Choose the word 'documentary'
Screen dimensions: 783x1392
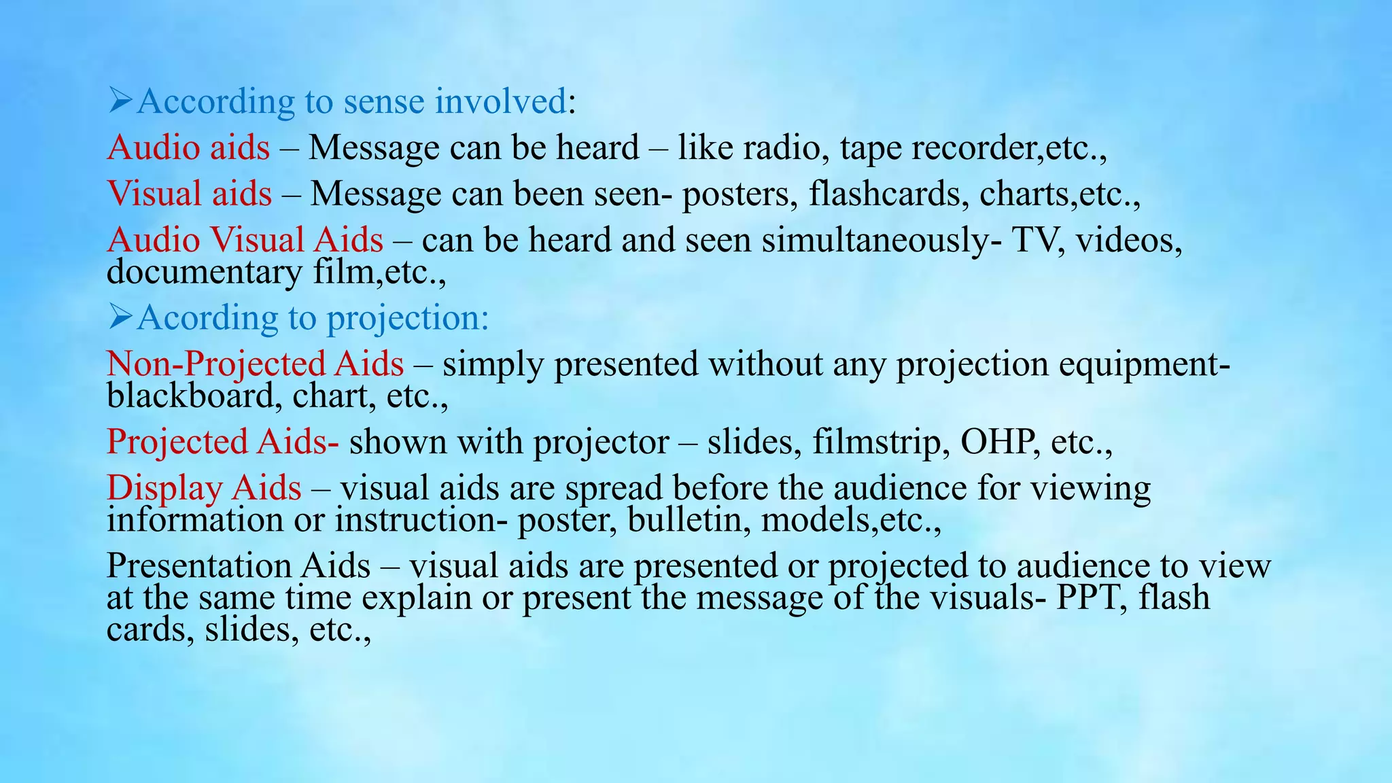[x=205, y=272]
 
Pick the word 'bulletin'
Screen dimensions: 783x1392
[x=689, y=520]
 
